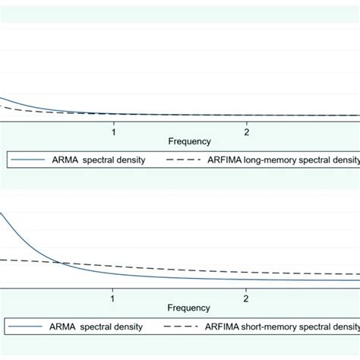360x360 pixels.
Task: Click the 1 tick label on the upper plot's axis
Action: click(x=114, y=131)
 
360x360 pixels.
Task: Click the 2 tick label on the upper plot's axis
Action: click(x=247, y=131)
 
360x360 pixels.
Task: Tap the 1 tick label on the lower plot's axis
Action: click(x=112, y=298)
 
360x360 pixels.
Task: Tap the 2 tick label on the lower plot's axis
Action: click(x=245, y=298)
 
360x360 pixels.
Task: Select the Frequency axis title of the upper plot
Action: click(x=190, y=141)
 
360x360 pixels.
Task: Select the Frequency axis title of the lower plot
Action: click(x=190, y=308)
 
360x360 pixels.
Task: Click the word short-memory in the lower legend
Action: click(x=269, y=327)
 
